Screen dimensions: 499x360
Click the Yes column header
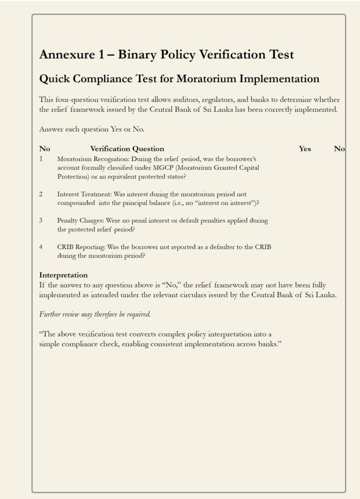coord(305,149)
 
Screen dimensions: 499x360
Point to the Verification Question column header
coord(127,149)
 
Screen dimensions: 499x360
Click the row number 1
coord(41,159)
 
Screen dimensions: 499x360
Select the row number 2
coord(41,194)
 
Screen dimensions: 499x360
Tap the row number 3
coord(41,220)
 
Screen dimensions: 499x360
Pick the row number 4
coord(41,247)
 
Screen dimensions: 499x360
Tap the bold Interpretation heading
coord(63,275)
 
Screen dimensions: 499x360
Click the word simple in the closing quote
coord(49,344)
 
